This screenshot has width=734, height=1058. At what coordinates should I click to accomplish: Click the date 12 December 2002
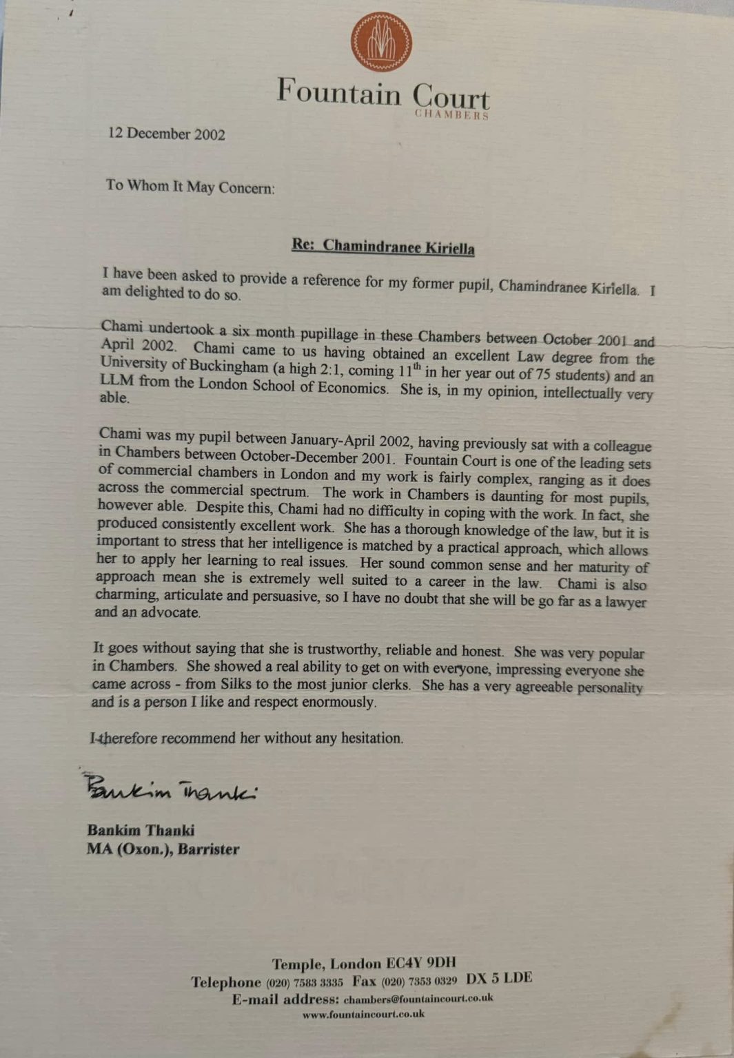(x=167, y=134)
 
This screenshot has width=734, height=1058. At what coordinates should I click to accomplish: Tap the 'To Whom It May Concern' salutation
(x=190, y=187)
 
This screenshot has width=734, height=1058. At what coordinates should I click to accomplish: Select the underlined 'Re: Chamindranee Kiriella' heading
(x=383, y=247)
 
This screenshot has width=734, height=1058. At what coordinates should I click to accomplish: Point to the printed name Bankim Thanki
(x=141, y=830)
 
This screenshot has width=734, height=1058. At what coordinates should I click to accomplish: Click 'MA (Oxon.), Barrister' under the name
(x=163, y=849)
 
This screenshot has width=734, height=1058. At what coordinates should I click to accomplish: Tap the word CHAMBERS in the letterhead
(x=451, y=115)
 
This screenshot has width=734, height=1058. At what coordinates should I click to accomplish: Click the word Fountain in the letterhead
(x=338, y=93)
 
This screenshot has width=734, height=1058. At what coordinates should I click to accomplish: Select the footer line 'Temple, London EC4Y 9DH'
(x=364, y=964)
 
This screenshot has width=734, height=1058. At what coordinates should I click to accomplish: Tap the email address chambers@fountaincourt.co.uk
(x=418, y=998)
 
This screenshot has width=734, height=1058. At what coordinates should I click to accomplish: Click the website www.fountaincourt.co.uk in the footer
(x=363, y=1015)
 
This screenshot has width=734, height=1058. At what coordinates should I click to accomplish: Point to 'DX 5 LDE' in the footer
(x=499, y=978)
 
